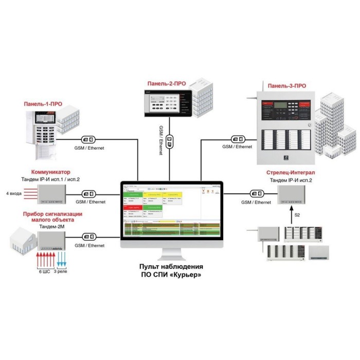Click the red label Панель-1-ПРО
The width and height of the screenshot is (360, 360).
point(43,104)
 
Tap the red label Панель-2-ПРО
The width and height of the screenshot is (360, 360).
point(166,83)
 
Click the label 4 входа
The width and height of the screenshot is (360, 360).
point(14,193)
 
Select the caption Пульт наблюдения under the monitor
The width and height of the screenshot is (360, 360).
point(171,267)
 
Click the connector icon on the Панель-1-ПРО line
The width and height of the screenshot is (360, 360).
point(88,139)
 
